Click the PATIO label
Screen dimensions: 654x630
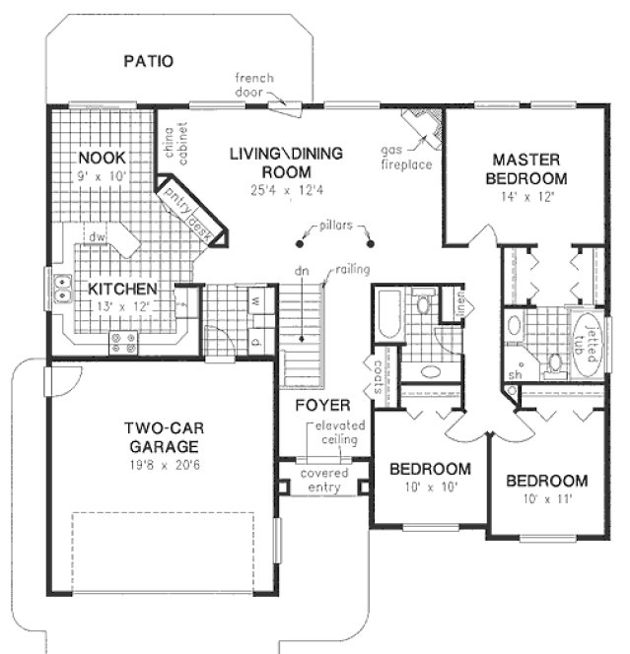point(148,61)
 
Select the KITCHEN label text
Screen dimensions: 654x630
point(122,290)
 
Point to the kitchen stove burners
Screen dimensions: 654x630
point(123,343)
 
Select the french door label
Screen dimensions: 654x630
point(253,85)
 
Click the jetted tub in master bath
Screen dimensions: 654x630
point(589,345)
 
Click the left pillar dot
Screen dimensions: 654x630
point(299,244)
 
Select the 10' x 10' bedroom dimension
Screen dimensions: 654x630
point(428,488)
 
